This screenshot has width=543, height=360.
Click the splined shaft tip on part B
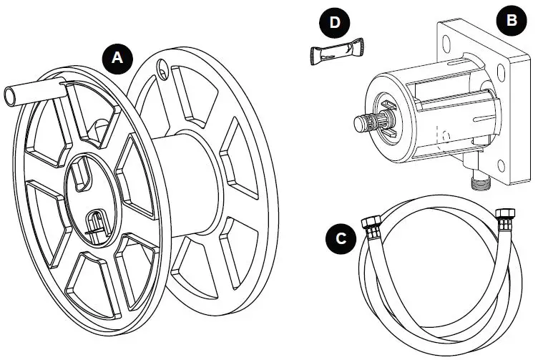pyautogui.click(x=363, y=122)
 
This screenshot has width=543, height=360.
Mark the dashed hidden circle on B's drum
pyautogui.click(x=443, y=134)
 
